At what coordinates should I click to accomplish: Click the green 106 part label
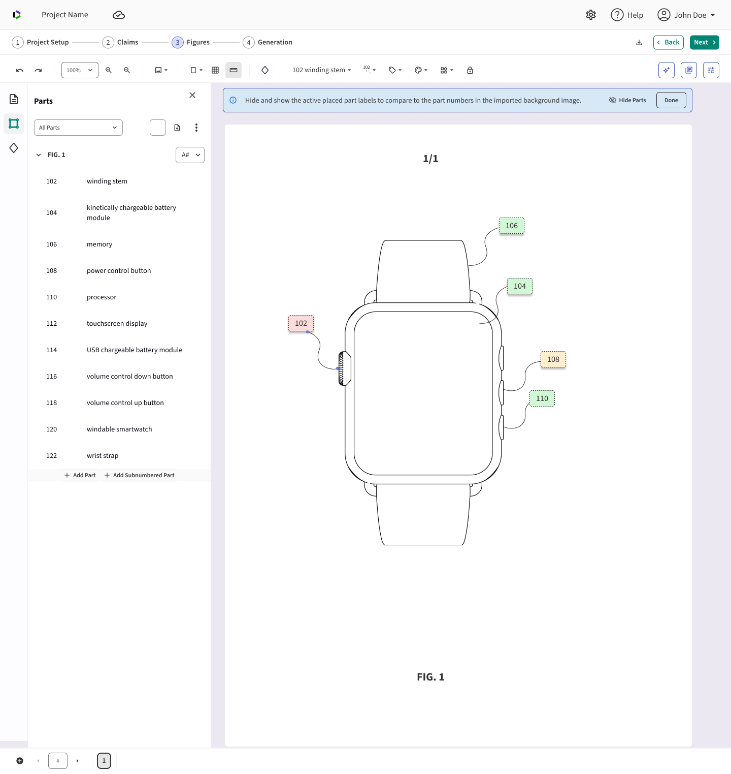pyautogui.click(x=511, y=226)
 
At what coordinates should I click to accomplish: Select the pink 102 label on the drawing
pyautogui.click(x=301, y=323)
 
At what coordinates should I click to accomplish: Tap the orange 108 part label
pyautogui.click(x=553, y=359)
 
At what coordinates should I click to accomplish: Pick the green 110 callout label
pyautogui.click(x=542, y=398)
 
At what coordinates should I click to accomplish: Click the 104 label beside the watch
pyautogui.click(x=520, y=286)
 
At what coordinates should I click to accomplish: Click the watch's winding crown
pyautogui.click(x=344, y=368)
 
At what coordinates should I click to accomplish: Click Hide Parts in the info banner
pyautogui.click(x=627, y=100)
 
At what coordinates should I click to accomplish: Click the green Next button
pyautogui.click(x=705, y=42)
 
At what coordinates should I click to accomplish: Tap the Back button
pyautogui.click(x=669, y=42)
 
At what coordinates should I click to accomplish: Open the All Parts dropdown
pyautogui.click(x=78, y=128)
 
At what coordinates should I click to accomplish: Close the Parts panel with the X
pyautogui.click(x=192, y=95)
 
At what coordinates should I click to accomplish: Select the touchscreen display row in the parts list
pyautogui.click(x=117, y=324)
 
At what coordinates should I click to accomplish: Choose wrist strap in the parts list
pyautogui.click(x=102, y=456)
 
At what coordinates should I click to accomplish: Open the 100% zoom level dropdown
pyautogui.click(x=80, y=70)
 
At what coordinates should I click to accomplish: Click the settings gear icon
pyautogui.click(x=591, y=15)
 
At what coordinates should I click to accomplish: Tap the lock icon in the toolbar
pyautogui.click(x=470, y=70)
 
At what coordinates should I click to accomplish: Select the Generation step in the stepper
pyautogui.click(x=268, y=42)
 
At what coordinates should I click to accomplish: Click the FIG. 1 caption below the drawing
pyautogui.click(x=430, y=677)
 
